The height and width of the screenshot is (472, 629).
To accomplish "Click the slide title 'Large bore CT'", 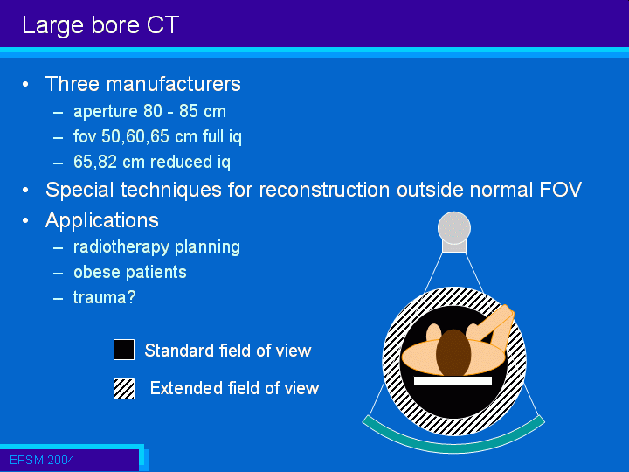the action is tap(100, 25).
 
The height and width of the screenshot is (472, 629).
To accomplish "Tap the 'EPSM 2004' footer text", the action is tap(42, 460).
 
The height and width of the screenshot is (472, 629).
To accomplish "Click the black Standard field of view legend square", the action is tap(124, 350).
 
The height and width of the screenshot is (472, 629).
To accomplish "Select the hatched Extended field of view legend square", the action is tap(124, 388).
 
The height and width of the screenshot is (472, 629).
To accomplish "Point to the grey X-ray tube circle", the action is tap(454, 227).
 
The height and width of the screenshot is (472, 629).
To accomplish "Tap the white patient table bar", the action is tap(453, 381).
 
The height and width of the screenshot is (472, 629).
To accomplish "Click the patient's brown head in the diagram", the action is tap(453, 352).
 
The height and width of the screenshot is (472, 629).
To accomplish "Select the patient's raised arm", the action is tap(493, 327).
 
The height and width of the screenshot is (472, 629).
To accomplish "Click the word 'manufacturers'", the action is tap(173, 84).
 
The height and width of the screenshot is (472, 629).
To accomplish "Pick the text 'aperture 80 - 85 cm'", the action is tap(149, 111).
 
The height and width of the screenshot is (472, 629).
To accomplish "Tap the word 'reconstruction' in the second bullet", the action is tap(324, 190).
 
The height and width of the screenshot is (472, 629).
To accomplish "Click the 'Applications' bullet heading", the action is tap(102, 221).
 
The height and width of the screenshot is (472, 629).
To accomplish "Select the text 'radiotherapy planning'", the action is tap(156, 247).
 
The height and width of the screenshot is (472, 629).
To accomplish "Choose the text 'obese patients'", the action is tap(130, 272).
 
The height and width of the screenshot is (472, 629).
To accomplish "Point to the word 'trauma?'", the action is tap(104, 297).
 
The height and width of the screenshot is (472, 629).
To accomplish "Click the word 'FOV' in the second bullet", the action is tap(560, 190).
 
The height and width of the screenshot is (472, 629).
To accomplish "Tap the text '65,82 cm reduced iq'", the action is tap(152, 163).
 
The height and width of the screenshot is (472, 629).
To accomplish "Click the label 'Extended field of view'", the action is tap(234, 388).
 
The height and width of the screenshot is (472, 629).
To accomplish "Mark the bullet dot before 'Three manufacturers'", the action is tap(25, 84).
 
